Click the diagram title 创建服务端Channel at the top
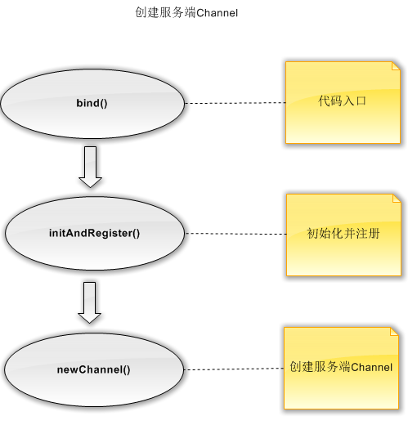pyautogui.click(x=186, y=12)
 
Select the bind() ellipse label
pyautogui.click(x=92, y=103)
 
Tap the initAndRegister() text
pyautogui.click(x=94, y=233)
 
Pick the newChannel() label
pyautogui.click(x=93, y=369)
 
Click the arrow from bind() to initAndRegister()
pyautogui.click(x=90, y=167)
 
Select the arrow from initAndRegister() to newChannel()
pyautogui.click(x=89, y=302)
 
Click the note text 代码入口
pyautogui.click(x=342, y=101)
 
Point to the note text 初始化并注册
pyautogui.click(x=343, y=233)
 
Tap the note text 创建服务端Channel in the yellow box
pyautogui.click(x=341, y=367)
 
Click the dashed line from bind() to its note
pyautogui.click(x=235, y=103)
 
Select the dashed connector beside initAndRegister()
pyautogui.click(x=235, y=234)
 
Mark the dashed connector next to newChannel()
pyautogui.click(x=234, y=369)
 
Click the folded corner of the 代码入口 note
pyautogui.click(x=396, y=66)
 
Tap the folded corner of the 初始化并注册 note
pyautogui.click(x=397, y=199)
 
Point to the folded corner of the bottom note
pyautogui.click(x=394, y=332)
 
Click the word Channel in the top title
pyautogui.click(x=217, y=13)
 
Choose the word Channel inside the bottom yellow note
pyautogui.click(x=372, y=367)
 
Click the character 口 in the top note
pyautogui.click(x=361, y=101)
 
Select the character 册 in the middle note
pyautogui.click(x=374, y=234)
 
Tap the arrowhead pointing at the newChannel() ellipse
pyautogui.click(x=89, y=318)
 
